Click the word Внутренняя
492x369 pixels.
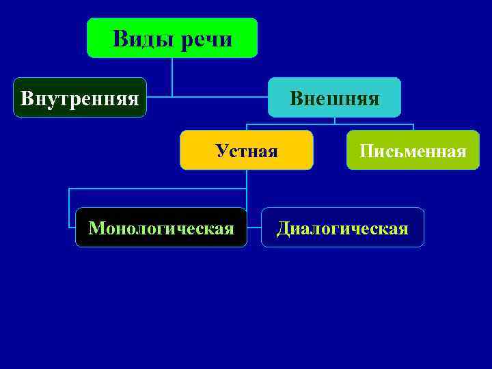(81, 98)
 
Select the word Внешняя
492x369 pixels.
(334, 98)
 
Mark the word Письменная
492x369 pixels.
(413, 150)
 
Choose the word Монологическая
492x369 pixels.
(161, 228)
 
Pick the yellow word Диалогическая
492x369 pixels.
(342, 228)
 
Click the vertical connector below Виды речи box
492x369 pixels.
(172, 75)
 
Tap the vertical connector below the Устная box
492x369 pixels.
(247, 179)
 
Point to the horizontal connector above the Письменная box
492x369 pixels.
(383, 124)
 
